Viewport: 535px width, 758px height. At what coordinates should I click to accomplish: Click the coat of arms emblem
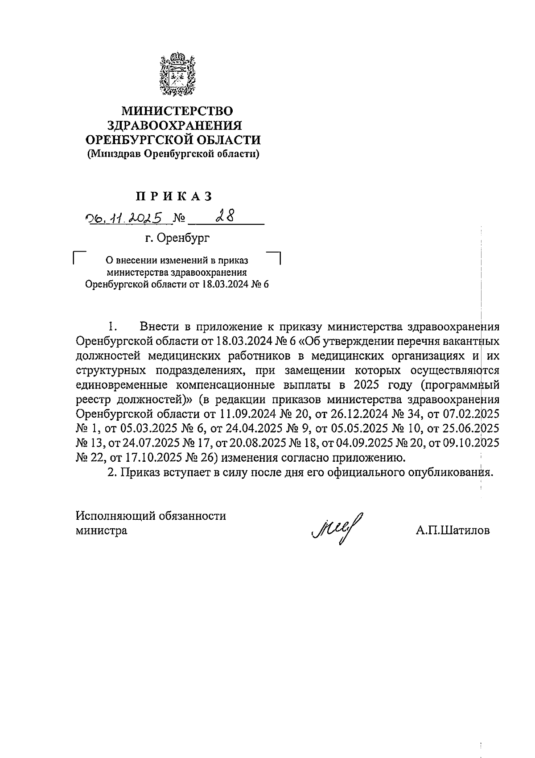click(x=177, y=75)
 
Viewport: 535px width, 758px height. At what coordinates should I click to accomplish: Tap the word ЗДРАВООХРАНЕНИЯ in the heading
click(x=177, y=125)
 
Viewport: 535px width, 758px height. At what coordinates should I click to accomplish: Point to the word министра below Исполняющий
click(x=102, y=530)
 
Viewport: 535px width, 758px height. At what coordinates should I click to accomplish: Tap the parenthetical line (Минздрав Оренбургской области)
click(x=173, y=154)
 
